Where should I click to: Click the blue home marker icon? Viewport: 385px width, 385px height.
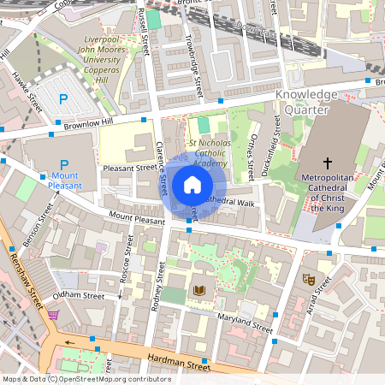coord(192,185)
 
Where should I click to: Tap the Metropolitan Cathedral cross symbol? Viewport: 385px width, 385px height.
coord(326,162)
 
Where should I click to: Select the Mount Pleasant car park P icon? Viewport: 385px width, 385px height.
coord(63,164)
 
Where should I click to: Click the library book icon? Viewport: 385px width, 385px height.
coord(201,291)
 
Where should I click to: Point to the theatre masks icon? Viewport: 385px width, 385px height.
coord(309,279)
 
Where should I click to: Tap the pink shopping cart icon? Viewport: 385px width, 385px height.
coord(54,315)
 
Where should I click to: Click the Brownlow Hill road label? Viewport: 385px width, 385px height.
coord(84,121)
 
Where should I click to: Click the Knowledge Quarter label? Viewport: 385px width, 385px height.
coord(306,101)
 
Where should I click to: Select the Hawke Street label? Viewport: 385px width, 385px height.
coord(27,93)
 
